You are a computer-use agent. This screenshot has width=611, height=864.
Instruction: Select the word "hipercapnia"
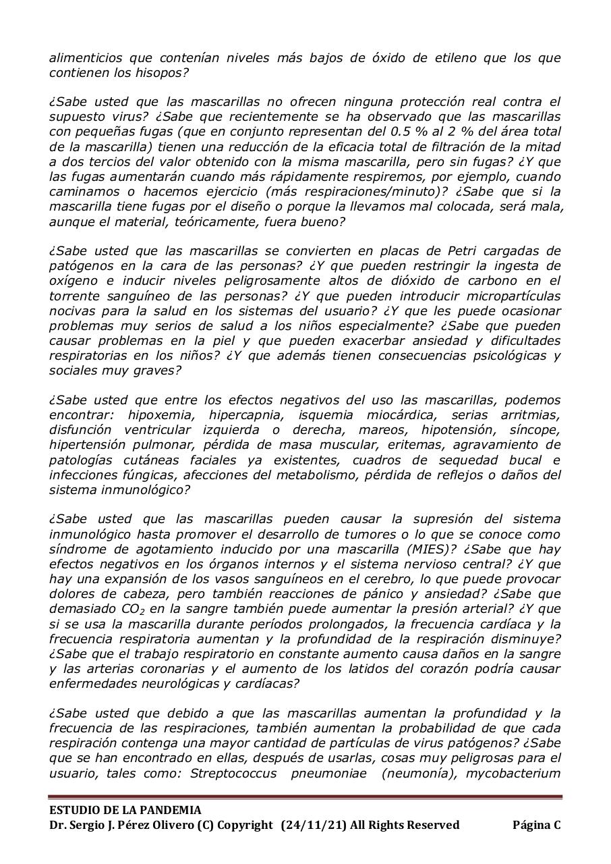245,415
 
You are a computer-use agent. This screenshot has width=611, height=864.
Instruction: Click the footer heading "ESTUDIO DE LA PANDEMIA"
125,811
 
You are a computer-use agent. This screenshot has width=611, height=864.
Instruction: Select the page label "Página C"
536,825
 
